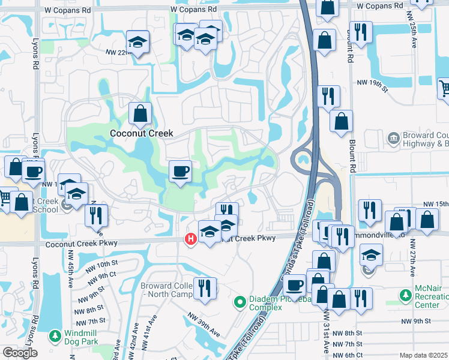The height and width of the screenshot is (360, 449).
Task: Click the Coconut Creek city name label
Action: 141,133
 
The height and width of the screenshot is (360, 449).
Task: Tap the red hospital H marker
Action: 191,240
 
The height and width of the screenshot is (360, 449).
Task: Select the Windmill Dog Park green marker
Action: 55,334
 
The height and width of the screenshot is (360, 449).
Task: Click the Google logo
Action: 20,353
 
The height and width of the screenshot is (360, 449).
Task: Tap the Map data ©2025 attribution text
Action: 423,355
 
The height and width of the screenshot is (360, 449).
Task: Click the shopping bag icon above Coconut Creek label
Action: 140,113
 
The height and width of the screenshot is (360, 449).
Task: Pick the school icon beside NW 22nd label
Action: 137,43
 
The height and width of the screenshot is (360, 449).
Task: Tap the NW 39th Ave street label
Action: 205,325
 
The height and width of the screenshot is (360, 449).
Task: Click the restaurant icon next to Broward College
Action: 204,287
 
